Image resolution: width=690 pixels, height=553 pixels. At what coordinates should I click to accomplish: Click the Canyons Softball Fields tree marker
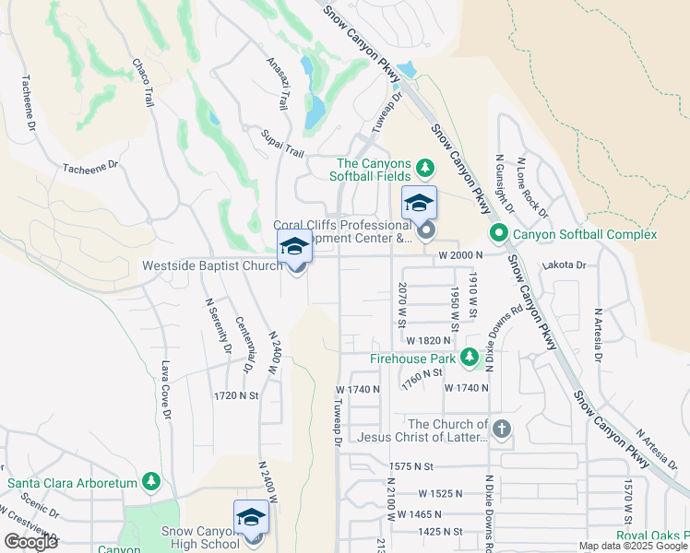(424, 168)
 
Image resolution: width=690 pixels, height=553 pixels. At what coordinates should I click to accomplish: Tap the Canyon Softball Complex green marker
(499, 234)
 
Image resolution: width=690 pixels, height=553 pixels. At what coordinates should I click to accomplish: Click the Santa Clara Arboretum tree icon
(150, 482)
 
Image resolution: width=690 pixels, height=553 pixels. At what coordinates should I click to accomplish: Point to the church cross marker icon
(501, 429)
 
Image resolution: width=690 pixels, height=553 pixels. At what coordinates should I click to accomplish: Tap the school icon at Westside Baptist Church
(295, 247)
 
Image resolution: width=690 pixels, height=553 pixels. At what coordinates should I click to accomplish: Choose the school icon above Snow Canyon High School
(251, 517)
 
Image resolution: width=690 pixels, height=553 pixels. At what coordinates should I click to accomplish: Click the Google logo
(30, 542)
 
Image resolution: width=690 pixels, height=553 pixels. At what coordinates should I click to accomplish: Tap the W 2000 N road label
(461, 254)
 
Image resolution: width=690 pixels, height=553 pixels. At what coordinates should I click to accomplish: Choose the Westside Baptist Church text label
(211, 265)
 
